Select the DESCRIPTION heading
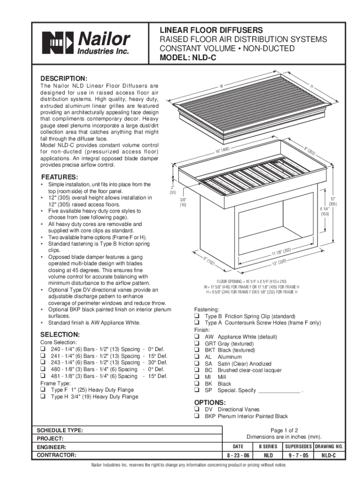pos(63,78)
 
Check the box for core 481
pos(43,377)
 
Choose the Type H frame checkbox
pos(43,397)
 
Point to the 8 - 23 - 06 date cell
pos(238,456)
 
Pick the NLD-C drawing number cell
pos(329,456)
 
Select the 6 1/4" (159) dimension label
pos(325,211)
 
